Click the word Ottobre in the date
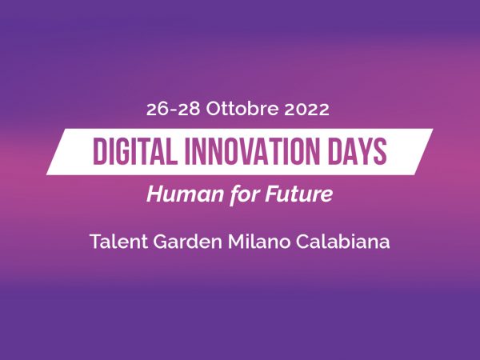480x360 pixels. pyautogui.click(x=242, y=109)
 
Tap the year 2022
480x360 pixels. pyautogui.click(x=306, y=110)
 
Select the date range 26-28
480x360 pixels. pyautogui.click(x=173, y=110)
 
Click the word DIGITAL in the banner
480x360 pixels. pyautogui.click(x=135, y=151)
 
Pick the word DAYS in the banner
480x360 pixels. pyautogui.click(x=358, y=151)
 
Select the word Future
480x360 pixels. pyautogui.click(x=298, y=194)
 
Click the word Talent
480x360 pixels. pyautogui.click(x=119, y=242)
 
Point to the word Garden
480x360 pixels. pyautogui.click(x=187, y=242)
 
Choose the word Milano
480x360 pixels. pyautogui.click(x=259, y=242)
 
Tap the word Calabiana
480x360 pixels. pyautogui.click(x=343, y=242)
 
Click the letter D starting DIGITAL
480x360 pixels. pyautogui.click(x=99, y=151)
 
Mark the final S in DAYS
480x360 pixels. pyautogui.click(x=381, y=151)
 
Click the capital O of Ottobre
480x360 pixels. pyautogui.click(x=214, y=110)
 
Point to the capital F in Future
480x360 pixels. pyautogui.click(x=272, y=194)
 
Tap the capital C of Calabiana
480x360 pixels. pyautogui.click(x=302, y=242)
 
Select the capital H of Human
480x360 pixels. pyautogui.click(x=155, y=194)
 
